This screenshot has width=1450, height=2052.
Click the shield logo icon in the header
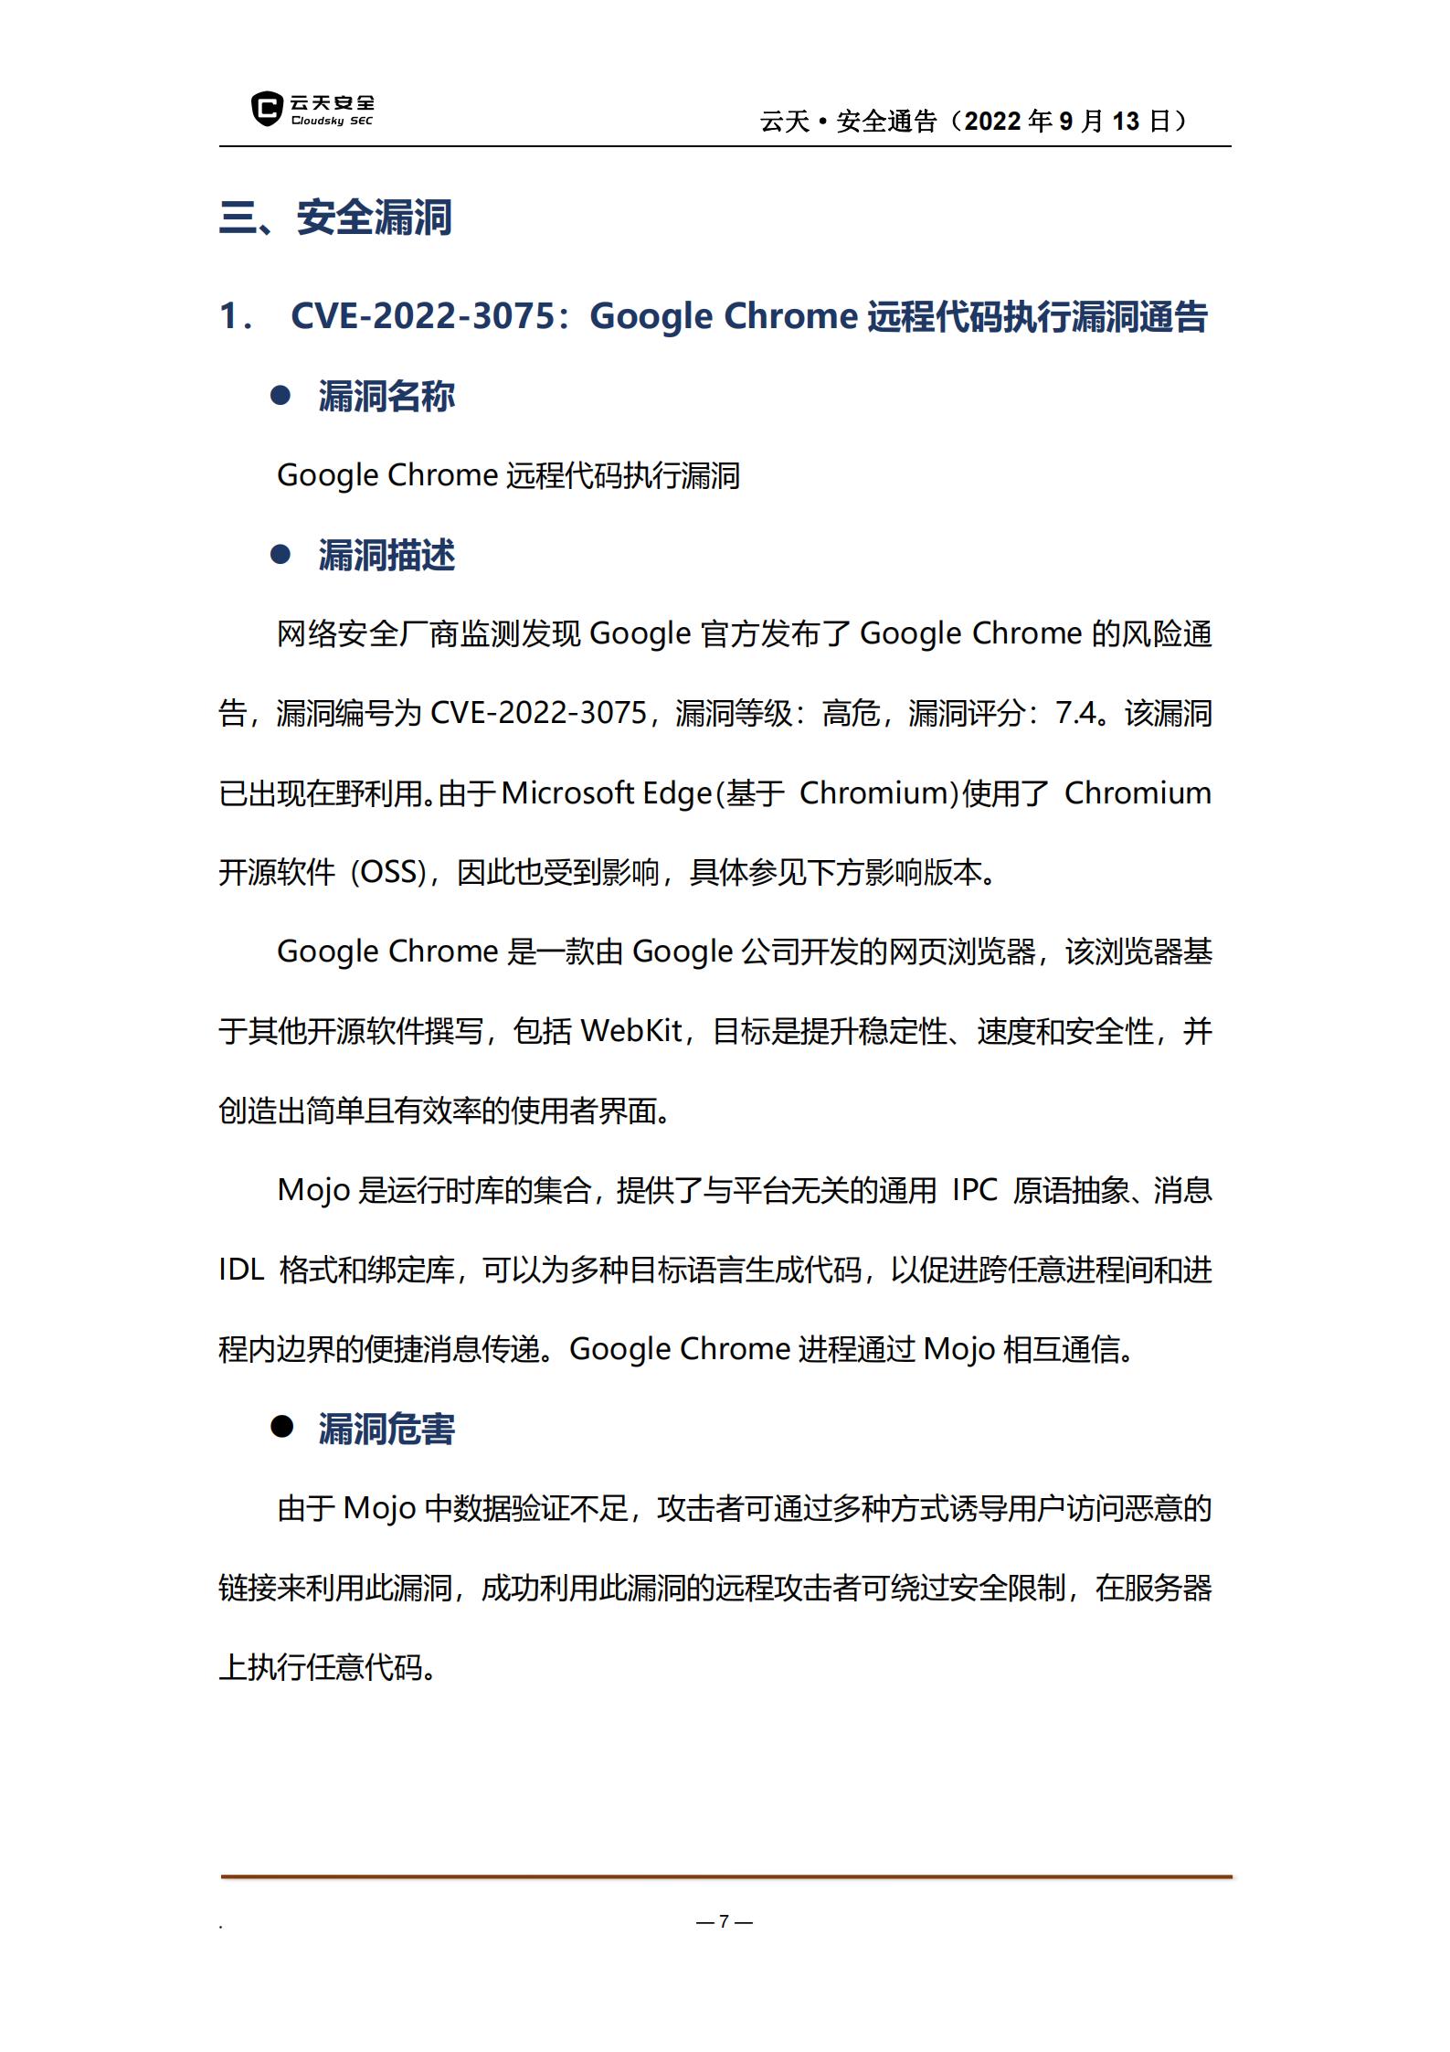266,109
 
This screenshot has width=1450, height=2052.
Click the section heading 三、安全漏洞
335,218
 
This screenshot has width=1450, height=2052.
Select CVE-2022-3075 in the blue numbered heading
422,316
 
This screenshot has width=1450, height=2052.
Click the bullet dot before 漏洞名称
280,396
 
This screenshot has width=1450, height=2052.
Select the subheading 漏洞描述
386,555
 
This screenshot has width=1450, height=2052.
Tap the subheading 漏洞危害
386,1429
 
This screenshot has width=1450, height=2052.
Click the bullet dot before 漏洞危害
280,1428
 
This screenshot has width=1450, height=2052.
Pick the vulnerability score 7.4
1075,713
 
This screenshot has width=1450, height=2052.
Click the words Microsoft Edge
606,792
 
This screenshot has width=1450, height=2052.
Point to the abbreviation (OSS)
389,872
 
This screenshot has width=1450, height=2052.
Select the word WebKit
631,1031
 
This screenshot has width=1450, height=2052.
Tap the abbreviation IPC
974,1190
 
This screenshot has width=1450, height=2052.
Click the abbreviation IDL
241,1270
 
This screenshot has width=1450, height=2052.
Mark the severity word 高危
851,713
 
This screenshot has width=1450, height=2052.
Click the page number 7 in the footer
724,1921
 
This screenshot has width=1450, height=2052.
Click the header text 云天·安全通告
849,121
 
